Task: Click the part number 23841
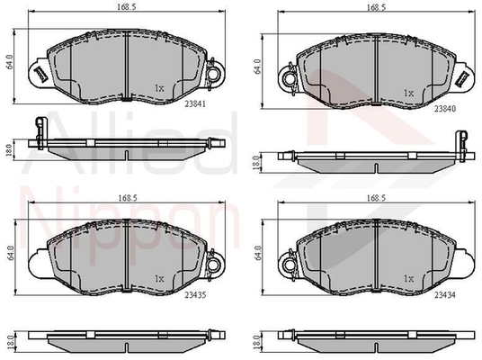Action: [194, 104]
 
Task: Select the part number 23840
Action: [444, 109]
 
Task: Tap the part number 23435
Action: [195, 295]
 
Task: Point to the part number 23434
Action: [444, 295]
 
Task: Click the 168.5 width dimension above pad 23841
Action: [126, 7]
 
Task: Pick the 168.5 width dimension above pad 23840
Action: [376, 8]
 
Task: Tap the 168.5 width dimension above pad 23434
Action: [376, 198]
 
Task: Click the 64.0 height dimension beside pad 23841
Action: [9, 61]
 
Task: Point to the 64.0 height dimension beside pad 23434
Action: [258, 253]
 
